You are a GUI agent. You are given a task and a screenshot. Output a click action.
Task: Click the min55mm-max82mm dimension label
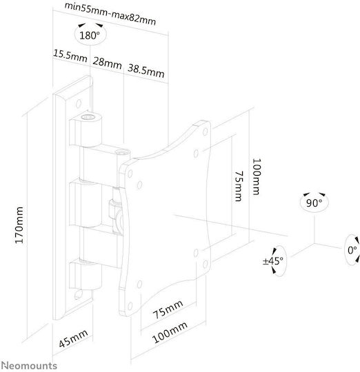click(110, 14)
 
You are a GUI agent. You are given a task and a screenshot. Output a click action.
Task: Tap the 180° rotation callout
click(90, 35)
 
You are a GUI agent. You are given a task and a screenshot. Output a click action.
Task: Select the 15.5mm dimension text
click(70, 56)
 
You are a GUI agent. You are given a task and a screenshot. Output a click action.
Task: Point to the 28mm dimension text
click(107, 63)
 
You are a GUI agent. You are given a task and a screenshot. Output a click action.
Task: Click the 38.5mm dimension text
click(146, 71)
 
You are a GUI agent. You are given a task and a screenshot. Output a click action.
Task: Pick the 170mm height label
click(19, 225)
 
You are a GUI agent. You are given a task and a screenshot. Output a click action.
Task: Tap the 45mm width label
click(73, 338)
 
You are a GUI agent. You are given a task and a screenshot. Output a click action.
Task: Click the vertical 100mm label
click(257, 177)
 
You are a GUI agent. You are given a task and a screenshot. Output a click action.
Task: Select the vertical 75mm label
click(239, 186)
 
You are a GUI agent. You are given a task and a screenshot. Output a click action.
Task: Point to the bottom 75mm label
click(168, 309)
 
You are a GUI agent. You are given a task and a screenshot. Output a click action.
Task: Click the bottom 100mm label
click(170, 332)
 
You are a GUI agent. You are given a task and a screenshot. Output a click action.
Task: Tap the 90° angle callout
click(314, 202)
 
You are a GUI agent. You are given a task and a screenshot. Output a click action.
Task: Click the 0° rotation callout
click(352, 250)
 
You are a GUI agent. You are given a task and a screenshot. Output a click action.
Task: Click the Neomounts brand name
click(29, 366)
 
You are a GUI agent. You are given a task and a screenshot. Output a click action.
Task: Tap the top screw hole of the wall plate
click(78, 103)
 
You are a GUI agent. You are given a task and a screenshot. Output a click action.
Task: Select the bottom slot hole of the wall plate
click(78, 294)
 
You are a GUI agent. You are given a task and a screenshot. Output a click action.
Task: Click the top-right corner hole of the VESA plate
click(205, 132)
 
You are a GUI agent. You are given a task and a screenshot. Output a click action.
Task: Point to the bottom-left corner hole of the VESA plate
click(130, 307)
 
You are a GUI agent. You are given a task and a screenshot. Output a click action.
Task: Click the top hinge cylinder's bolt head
click(88, 117)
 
